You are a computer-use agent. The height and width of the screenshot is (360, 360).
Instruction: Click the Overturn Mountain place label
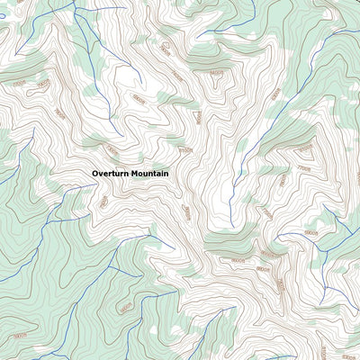click(130, 173)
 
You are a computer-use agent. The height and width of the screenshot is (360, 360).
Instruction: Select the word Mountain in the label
click(149, 173)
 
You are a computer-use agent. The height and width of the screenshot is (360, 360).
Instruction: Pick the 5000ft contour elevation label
click(20, 336)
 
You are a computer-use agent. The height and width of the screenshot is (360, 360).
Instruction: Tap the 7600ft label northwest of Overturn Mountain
click(59, 112)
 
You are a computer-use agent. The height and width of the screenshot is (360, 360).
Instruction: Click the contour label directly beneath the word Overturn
click(103, 202)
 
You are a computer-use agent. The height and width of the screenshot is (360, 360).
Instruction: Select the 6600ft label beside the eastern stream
click(310, 233)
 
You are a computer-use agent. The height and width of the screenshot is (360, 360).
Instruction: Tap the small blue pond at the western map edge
click(2, 16)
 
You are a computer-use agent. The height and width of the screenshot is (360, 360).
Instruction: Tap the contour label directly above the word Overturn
click(111, 149)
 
